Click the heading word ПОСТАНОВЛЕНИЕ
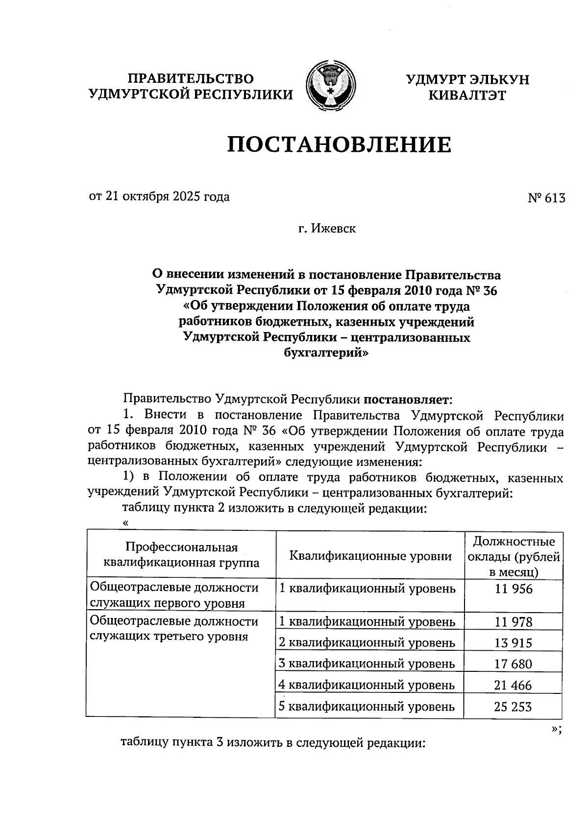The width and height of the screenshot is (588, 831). (x=339, y=145)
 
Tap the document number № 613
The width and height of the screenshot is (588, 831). (x=546, y=198)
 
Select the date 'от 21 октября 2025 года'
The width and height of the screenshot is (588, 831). (x=159, y=197)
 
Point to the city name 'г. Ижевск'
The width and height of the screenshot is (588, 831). (x=327, y=228)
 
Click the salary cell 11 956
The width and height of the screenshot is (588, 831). (x=514, y=589)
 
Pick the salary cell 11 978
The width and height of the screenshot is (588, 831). (x=514, y=622)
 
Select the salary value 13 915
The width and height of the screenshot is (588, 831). (x=514, y=643)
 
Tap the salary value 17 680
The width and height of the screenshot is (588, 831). (x=514, y=665)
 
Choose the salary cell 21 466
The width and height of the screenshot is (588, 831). (x=514, y=686)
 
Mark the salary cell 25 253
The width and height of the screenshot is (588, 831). (x=514, y=707)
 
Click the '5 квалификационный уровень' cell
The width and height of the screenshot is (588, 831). (x=367, y=707)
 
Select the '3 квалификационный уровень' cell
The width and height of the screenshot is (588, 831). (x=367, y=664)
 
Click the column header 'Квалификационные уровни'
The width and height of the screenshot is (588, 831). (x=370, y=556)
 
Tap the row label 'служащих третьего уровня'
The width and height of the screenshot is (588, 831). (x=168, y=637)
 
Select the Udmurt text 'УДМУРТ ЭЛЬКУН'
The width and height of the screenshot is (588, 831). (x=467, y=80)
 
